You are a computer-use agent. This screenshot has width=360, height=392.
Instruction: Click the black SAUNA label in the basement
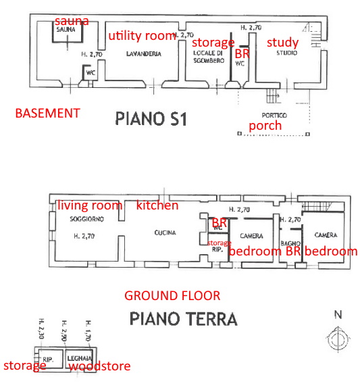[66, 30]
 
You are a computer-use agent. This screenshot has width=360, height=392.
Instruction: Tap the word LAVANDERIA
[144, 54]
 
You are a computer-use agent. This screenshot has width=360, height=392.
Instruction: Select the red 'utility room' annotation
[142, 36]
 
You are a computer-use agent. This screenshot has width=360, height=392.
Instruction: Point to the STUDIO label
[287, 53]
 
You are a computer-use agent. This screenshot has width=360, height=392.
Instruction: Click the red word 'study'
[282, 43]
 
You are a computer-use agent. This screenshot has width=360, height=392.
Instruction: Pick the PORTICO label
[274, 116]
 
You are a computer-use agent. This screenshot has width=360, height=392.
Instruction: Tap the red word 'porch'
[265, 126]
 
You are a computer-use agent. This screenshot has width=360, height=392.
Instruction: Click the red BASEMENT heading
[48, 114]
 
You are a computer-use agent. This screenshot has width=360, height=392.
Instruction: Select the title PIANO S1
[151, 118]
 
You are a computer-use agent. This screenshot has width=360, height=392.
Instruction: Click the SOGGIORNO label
[86, 219]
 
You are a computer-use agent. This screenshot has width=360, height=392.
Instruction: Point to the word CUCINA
[165, 232]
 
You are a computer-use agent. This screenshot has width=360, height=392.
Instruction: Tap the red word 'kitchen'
[157, 205]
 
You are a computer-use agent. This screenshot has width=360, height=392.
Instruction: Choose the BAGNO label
[290, 243]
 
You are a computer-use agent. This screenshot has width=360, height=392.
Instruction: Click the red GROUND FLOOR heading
[172, 295]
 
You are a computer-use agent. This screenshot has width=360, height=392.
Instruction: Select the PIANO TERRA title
[184, 319]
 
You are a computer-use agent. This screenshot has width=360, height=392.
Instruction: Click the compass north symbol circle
[338, 340]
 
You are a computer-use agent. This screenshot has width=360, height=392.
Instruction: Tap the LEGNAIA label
[80, 358]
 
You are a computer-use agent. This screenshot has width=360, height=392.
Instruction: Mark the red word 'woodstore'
[100, 366]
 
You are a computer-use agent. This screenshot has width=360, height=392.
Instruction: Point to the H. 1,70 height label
[88, 330]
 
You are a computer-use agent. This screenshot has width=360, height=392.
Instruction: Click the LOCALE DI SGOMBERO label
[208, 57]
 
